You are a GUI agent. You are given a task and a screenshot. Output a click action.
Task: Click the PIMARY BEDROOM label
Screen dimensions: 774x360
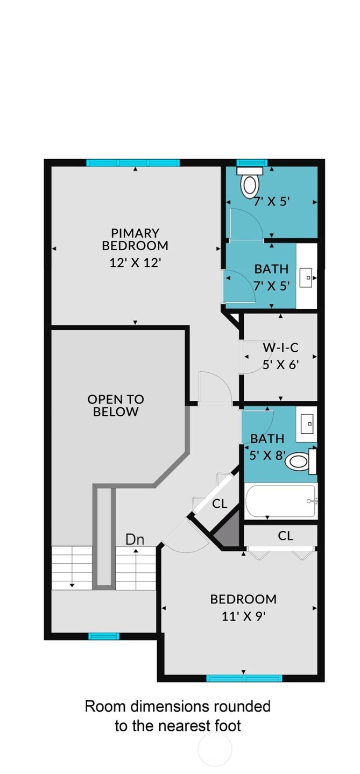click(135, 239)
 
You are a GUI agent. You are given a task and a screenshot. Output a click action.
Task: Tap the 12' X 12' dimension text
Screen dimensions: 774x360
click(135, 262)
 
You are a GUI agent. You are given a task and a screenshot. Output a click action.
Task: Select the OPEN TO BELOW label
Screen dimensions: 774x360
click(116, 406)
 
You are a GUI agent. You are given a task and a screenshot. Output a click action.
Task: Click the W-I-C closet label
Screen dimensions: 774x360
click(280, 347)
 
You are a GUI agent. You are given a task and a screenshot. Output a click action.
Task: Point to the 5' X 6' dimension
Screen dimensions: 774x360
click(280, 364)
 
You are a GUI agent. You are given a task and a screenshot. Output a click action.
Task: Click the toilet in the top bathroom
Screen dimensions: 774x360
click(250, 183)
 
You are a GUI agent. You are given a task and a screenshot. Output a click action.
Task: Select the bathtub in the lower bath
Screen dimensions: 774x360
click(281, 501)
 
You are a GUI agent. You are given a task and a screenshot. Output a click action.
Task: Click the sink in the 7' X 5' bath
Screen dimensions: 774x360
click(308, 278)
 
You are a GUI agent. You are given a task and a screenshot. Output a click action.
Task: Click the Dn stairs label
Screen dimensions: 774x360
click(135, 539)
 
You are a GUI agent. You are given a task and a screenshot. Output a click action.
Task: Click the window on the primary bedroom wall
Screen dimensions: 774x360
click(133, 162)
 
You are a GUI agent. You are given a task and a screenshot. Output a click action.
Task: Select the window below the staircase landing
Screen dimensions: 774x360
click(104, 636)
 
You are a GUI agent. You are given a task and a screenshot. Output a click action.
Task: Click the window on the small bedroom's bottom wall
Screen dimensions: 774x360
click(244, 678)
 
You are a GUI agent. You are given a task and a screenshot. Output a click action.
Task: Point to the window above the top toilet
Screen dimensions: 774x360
click(252, 162)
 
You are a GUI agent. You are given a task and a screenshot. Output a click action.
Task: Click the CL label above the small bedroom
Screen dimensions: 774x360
click(285, 536)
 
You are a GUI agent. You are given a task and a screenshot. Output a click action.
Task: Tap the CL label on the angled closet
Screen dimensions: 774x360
click(220, 504)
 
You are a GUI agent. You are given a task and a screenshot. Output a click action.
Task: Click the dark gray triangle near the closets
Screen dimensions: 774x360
click(227, 530)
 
